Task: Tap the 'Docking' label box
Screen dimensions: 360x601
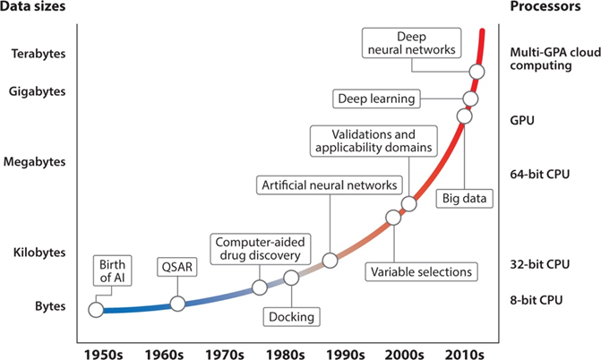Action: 292,316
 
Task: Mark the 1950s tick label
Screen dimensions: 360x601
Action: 101,346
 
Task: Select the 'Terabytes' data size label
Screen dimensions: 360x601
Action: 39,53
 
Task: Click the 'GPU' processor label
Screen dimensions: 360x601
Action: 521,118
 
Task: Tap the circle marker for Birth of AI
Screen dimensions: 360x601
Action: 95,310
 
